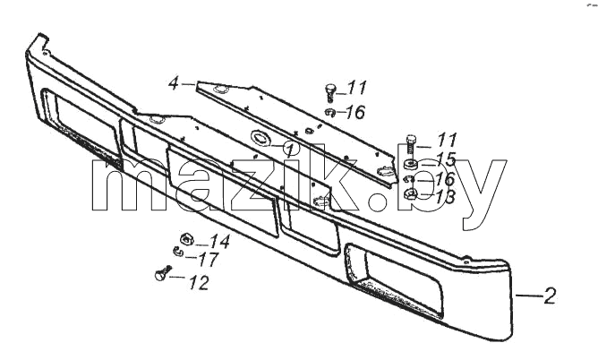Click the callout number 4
click(x=174, y=83)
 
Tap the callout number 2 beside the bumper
click(x=550, y=296)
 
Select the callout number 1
click(x=291, y=150)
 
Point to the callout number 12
click(x=200, y=283)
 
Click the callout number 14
click(x=220, y=242)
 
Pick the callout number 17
click(x=209, y=260)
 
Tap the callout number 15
click(x=446, y=159)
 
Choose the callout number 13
click(x=445, y=197)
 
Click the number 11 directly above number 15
click(x=447, y=140)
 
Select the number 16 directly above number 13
click(x=445, y=178)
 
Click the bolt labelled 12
click(x=163, y=273)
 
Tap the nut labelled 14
click(x=186, y=239)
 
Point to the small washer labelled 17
click(x=178, y=252)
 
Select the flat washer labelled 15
click(x=411, y=164)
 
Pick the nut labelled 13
click(x=411, y=194)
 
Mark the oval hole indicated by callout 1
click(x=261, y=138)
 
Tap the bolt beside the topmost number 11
click(x=330, y=92)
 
